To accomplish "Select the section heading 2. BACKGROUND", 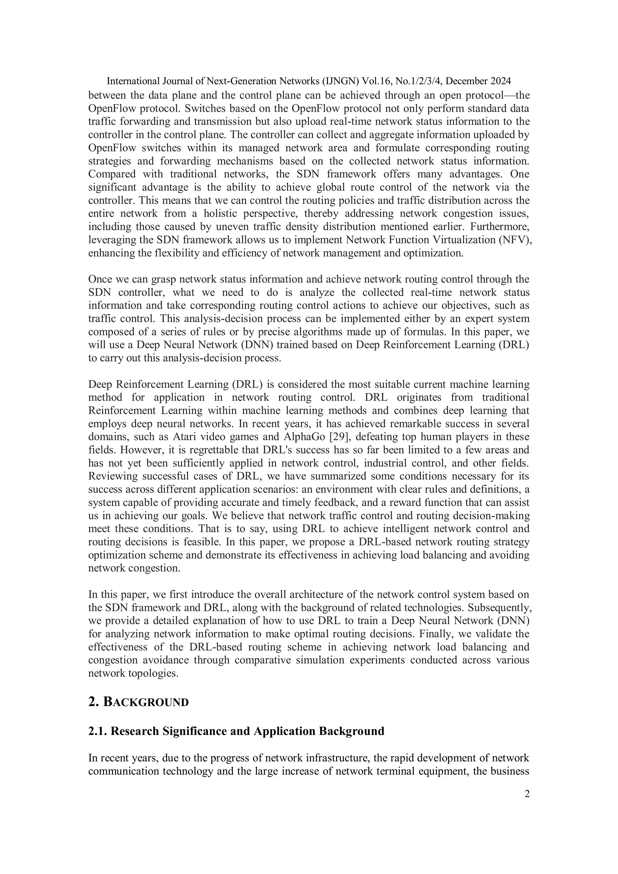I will coord(138,702).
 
